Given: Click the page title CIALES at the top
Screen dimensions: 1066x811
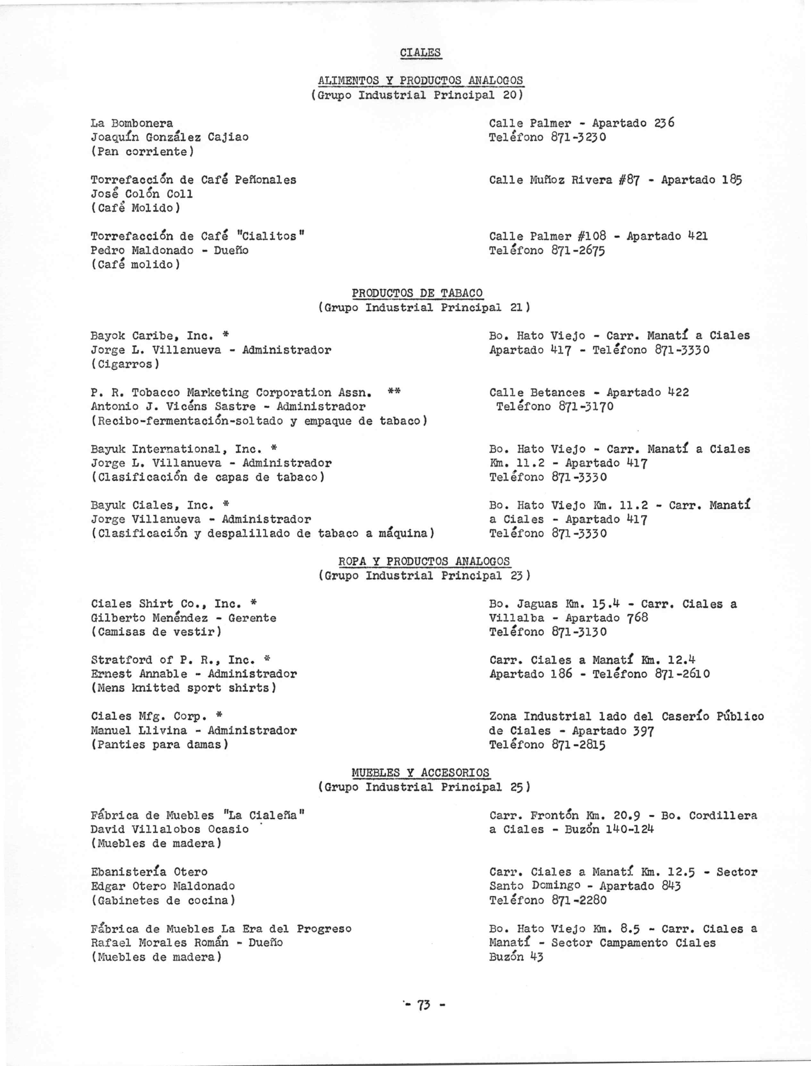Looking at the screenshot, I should [421, 52].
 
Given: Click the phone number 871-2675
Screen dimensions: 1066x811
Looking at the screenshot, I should [578, 251].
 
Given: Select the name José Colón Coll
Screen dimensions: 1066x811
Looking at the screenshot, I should [142, 194].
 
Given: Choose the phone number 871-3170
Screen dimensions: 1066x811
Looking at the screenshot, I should [586, 407].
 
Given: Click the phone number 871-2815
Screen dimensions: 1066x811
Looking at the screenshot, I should [578, 745].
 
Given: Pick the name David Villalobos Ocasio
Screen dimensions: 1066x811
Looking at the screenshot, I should [170, 829].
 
